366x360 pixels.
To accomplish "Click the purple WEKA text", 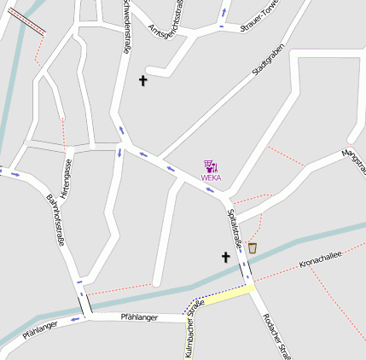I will click(x=211, y=178).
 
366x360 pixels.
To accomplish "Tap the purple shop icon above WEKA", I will click(x=211, y=166).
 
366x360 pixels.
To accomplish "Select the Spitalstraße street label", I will click(x=235, y=231).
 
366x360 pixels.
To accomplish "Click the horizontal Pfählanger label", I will click(x=139, y=317).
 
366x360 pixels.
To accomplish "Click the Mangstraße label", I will click(x=353, y=161).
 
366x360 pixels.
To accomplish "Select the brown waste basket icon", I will click(x=253, y=247).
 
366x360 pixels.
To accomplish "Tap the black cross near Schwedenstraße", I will click(x=143, y=81).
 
